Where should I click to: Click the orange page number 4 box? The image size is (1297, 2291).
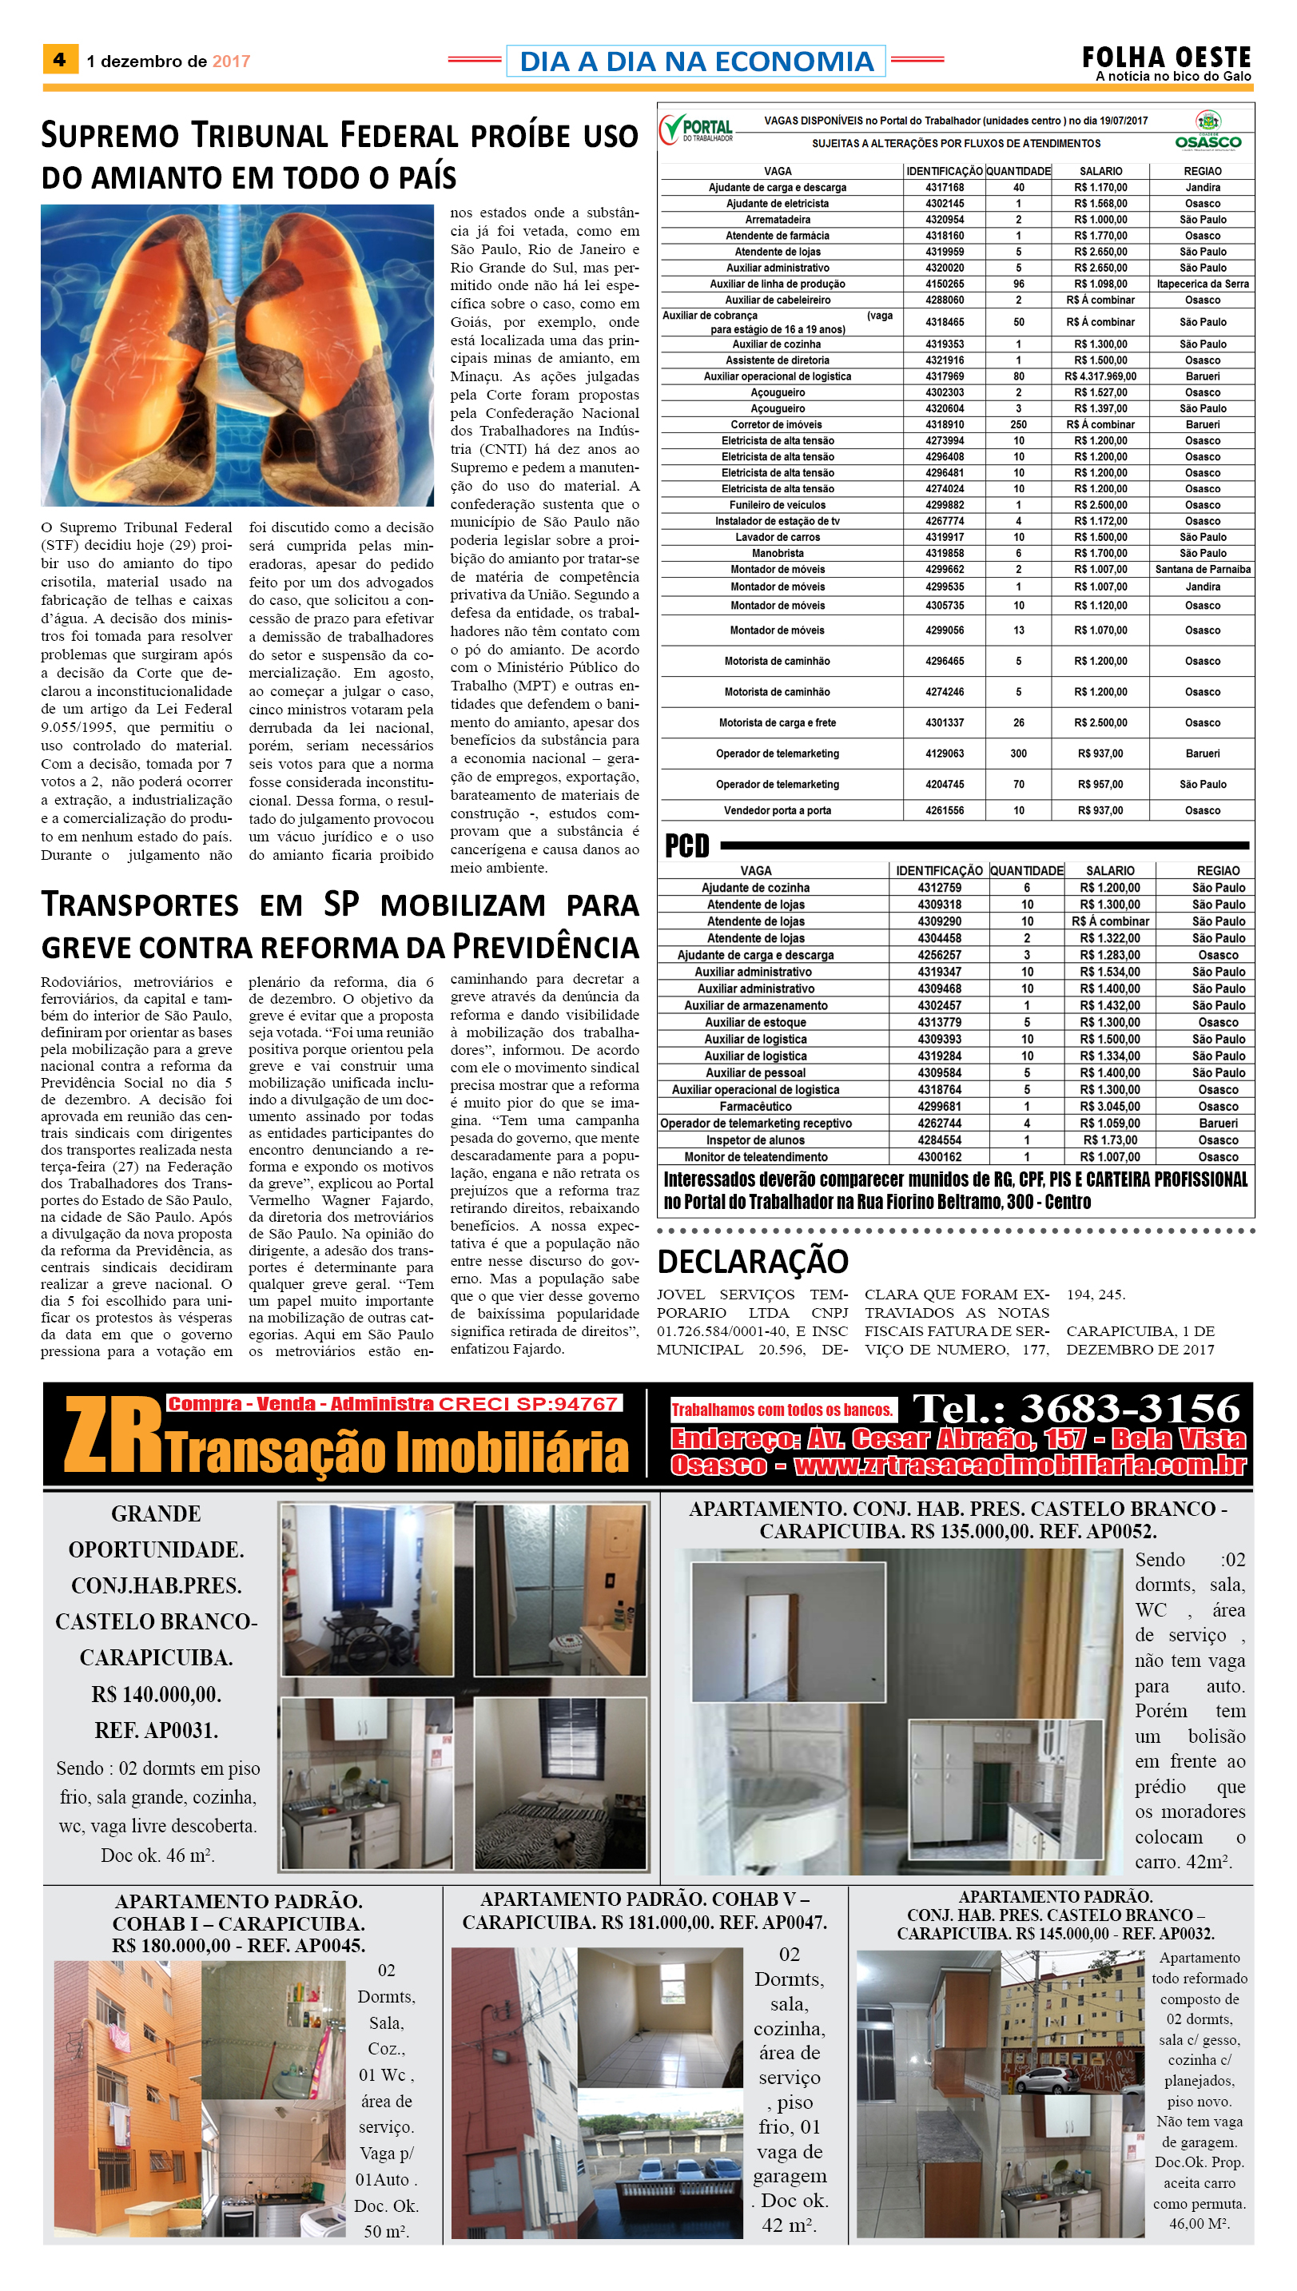tap(60, 60)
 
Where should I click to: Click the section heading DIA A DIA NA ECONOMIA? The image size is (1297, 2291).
tap(696, 61)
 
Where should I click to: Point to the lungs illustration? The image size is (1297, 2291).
tap(237, 355)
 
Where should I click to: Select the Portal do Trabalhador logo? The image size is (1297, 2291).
tap(697, 129)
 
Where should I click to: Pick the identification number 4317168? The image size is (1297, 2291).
tap(945, 188)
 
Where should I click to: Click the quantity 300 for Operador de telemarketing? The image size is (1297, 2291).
tap(1018, 754)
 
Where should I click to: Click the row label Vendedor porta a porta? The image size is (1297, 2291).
tap(777, 810)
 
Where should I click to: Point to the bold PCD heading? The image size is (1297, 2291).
tap(686, 845)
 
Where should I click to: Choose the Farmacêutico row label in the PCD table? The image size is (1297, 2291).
tap(755, 1106)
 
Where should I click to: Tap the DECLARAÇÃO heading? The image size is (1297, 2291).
tap(752, 1261)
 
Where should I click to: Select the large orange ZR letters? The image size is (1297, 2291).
tap(112, 1434)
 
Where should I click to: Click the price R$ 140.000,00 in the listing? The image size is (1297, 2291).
tap(156, 1694)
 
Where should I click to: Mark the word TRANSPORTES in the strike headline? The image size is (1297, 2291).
tap(140, 905)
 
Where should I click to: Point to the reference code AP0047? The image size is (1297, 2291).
tap(795, 1923)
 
